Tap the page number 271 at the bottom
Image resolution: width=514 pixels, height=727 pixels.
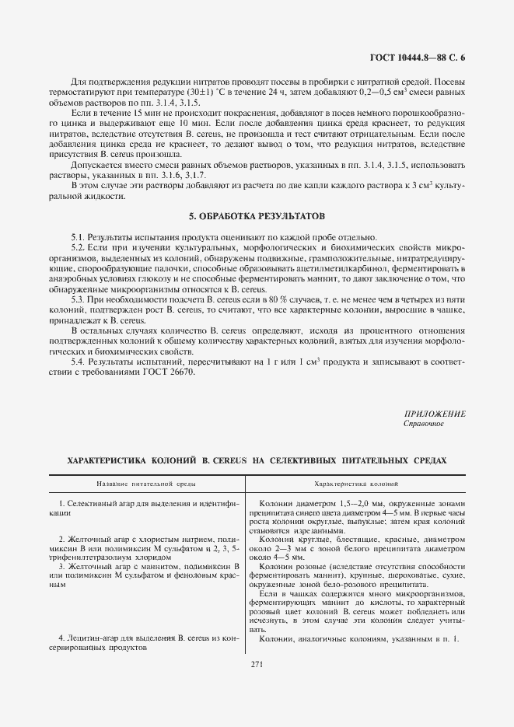[x=257, y=663]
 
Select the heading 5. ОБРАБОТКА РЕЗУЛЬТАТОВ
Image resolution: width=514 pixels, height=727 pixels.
[x=257, y=215]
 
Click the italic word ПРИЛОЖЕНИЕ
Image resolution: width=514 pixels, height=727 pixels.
[x=435, y=414]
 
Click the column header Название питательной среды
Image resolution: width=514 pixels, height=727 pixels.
[x=146, y=484]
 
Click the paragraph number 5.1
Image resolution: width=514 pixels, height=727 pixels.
[x=77, y=237]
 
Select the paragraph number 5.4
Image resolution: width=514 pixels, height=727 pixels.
[x=77, y=362]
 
